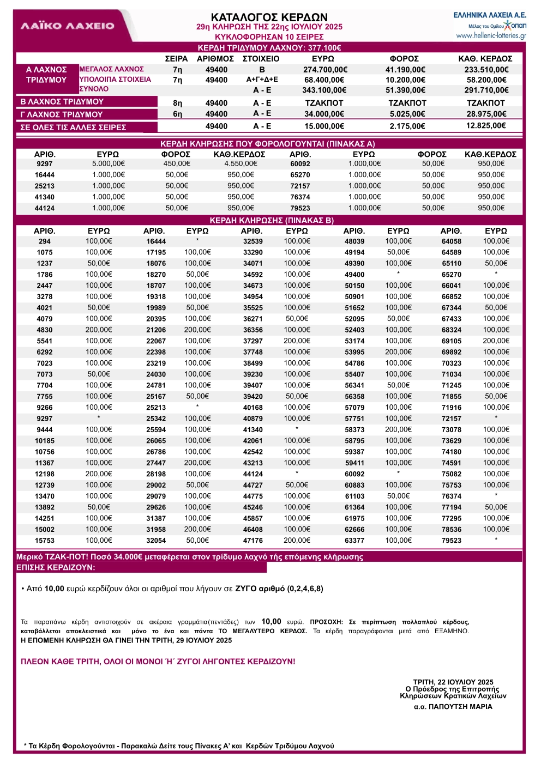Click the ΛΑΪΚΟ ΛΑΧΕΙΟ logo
point(68,26)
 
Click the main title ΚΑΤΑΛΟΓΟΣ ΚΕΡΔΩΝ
point(269,17)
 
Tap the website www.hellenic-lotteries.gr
point(491,36)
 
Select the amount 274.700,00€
point(325,70)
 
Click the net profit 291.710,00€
point(486,90)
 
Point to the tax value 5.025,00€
point(407,114)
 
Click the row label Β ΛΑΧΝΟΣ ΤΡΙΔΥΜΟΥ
point(62,102)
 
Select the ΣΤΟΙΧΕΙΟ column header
point(261,59)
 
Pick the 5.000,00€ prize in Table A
point(108,163)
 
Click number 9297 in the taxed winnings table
point(45,164)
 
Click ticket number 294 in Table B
point(45,241)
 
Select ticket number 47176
point(253,541)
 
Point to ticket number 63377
point(354,541)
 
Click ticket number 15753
point(45,541)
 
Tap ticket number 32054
point(156,541)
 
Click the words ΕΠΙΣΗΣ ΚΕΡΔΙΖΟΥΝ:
point(56,567)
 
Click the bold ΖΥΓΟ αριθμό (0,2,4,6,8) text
point(279,589)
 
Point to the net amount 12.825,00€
point(486,126)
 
